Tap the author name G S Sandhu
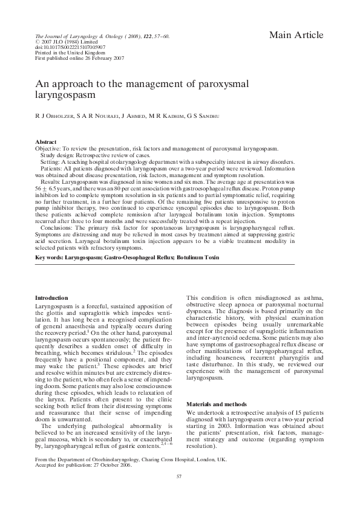pyautogui.click(x=203, y=115)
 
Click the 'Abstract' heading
pyautogui.click(x=47, y=141)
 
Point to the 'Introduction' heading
pyautogui.click(x=51, y=297)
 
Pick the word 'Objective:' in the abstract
pyautogui.click(x=48, y=148)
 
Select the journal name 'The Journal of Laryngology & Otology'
pyautogui.click(x=80, y=36)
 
